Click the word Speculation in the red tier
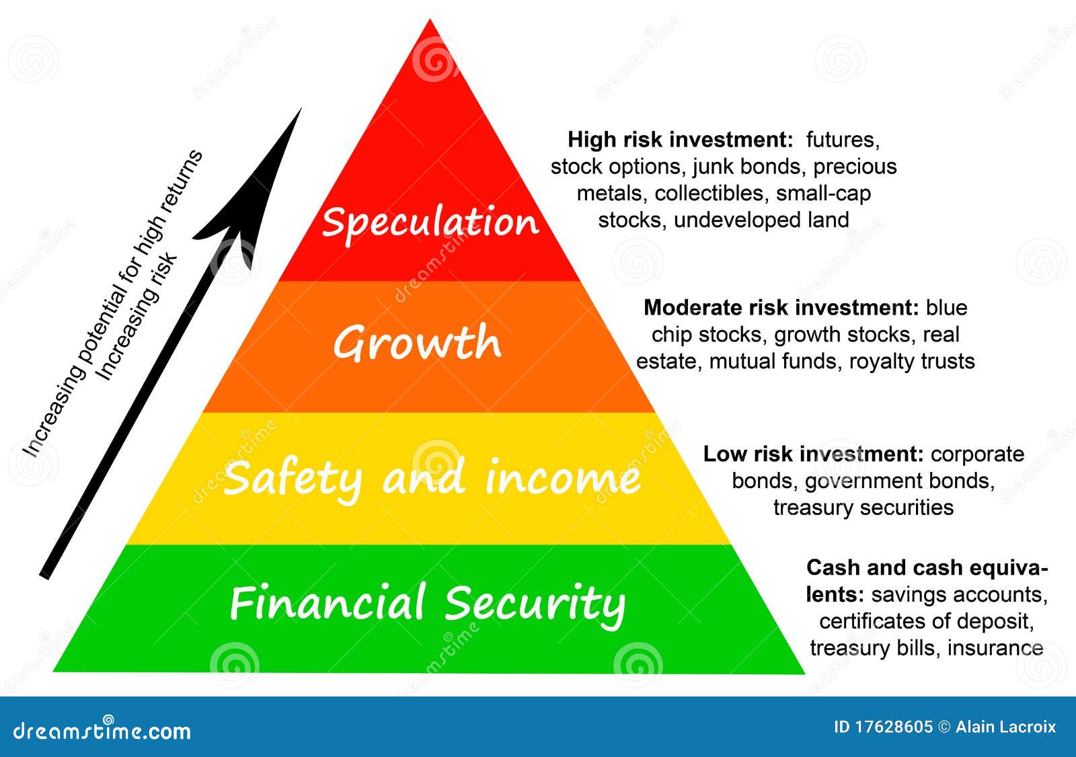[430, 222]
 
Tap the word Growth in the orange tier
[417, 343]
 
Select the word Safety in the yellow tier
[293, 479]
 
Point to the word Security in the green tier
[535, 604]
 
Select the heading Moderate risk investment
[781, 308]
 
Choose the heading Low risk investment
[813, 454]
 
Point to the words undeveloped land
[761, 220]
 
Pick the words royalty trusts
[912, 361]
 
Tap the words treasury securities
[863, 507]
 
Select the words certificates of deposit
[925, 621]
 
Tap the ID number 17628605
[893, 727]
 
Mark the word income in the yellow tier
[563, 479]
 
